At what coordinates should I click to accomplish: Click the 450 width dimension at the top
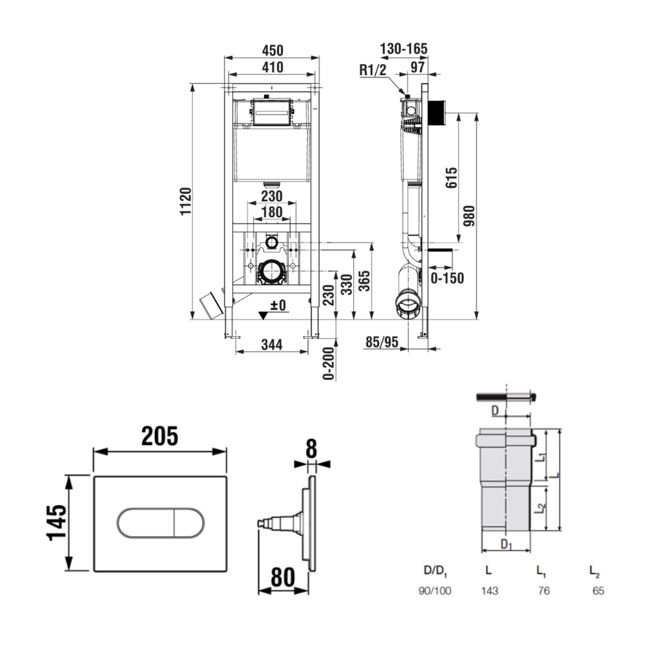click(273, 50)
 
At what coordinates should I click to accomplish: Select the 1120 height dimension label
click(186, 201)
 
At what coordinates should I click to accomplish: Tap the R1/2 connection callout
click(373, 70)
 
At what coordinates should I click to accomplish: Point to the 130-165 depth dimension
click(403, 48)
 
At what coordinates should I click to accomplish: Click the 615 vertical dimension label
click(452, 178)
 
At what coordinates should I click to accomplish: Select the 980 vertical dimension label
click(469, 216)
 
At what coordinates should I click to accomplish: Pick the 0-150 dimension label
click(447, 278)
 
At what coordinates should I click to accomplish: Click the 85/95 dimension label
click(382, 342)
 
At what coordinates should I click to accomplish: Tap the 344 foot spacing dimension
click(272, 344)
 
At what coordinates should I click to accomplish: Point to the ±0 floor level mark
click(278, 306)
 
